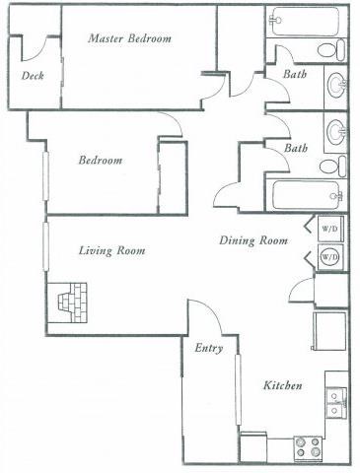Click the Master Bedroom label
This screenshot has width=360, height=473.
point(129,38)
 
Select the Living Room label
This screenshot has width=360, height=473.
point(111,251)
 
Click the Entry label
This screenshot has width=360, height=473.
point(208,348)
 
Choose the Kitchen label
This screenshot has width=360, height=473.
point(282,385)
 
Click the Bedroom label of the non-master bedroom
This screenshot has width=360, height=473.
point(101,161)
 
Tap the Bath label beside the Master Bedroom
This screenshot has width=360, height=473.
point(295,75)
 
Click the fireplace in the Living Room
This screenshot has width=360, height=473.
point(71,303)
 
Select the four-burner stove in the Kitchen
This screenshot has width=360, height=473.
point(308,447)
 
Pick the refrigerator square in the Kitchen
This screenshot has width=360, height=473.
point(329,330)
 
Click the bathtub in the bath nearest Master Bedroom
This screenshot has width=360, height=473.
point(305,21)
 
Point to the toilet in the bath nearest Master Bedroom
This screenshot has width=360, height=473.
point(334,49)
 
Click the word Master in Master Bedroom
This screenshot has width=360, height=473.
point(106,38)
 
